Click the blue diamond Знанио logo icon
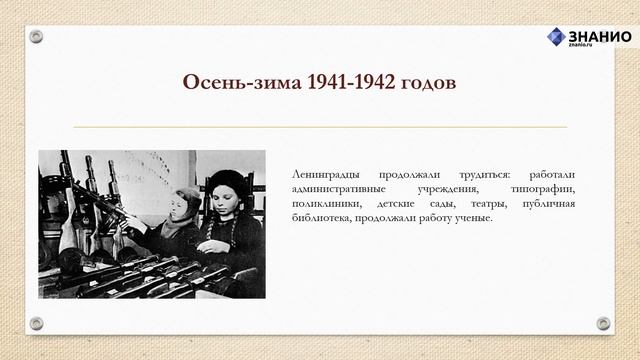coord(555,37)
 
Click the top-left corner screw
coord(36,37)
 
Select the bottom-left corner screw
coord(36,323)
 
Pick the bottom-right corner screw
coord(603,323)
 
